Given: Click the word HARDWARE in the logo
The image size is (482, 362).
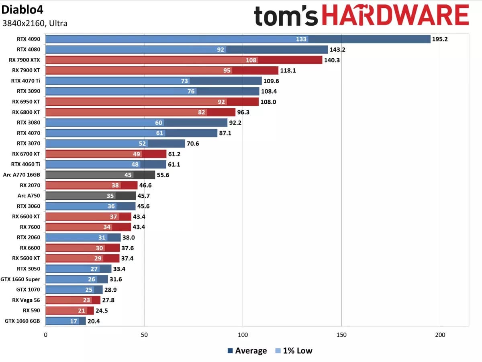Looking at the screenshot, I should point(396,16).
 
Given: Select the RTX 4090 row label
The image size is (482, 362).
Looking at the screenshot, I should point(29,39).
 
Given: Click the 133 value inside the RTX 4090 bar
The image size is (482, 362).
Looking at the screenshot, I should point(301,39).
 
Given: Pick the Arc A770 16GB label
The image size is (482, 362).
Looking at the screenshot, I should point(21,174).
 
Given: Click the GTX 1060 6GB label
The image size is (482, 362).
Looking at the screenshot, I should point(22,321).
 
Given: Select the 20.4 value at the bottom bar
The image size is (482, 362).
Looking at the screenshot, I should point(94,321).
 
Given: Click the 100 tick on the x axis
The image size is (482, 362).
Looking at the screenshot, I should point(243,335).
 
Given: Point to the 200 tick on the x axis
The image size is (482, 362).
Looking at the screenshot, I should point(440,335).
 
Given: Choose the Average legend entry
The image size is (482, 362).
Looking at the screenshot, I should point(247,351).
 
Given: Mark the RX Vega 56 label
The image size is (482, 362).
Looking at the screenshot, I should point(26,300).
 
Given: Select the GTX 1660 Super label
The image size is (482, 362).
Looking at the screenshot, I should point(22,279).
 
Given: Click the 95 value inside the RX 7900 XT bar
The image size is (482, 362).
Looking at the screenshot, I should point(227,70).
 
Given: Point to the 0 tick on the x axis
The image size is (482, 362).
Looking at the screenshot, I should point(45,335).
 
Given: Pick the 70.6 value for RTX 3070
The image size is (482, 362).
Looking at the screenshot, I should point(193,143).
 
